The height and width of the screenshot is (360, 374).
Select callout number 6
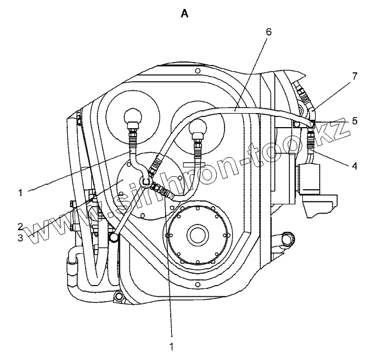[269, 32]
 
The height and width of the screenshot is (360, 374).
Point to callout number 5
[354, 120]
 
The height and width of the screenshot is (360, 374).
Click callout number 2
[20, 227]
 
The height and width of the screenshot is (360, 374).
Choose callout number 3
[20, 237]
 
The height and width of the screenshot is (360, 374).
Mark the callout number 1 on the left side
[20, 193]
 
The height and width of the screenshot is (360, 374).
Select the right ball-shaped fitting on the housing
[197, 129]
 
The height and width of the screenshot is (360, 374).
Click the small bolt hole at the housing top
[198, 71]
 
